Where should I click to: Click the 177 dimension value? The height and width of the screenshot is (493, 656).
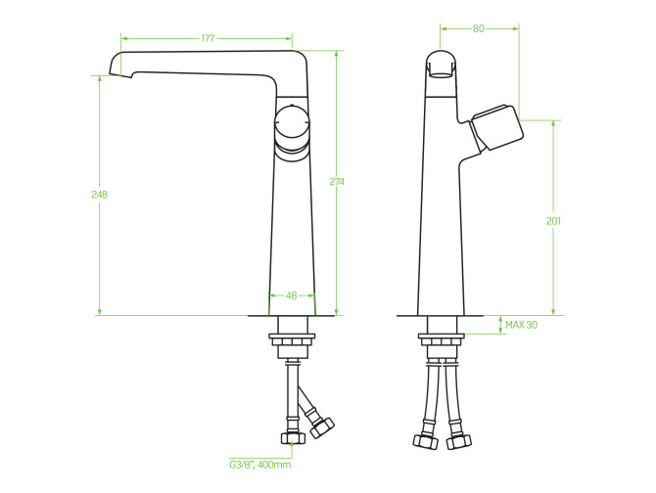(208, 38)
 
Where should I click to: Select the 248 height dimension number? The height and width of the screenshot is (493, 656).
(99, 195)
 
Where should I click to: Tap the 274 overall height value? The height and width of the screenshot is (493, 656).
(337, 181)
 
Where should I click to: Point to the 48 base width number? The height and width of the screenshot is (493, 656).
(291, 295)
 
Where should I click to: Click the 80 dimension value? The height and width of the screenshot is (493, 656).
(478, 28)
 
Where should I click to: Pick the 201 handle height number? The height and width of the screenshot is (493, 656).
(553, 221)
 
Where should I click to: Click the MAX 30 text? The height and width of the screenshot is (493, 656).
(521, 325)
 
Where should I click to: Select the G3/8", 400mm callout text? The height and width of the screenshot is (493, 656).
(259, 465)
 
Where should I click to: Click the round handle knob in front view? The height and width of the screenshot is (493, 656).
(292, 125)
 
